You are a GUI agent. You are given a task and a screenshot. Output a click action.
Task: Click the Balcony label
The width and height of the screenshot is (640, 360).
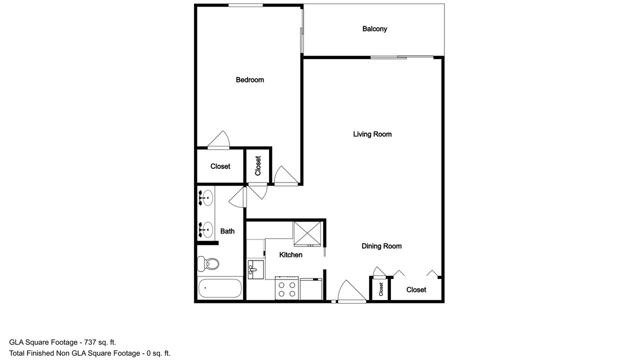(374, 29)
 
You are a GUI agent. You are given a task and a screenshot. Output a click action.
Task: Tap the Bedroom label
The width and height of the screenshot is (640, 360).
(249, 79)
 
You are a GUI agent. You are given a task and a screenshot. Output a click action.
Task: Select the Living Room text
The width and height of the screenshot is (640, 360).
(372, 134)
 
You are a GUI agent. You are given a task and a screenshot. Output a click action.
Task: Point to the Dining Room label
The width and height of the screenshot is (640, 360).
(381, 246)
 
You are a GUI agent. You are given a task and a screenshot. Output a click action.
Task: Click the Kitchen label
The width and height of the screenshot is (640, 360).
(290, 255)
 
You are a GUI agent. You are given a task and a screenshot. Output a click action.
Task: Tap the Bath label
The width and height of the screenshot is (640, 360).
(227, 231)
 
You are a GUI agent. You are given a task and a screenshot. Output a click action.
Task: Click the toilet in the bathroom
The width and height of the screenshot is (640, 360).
(208, 263)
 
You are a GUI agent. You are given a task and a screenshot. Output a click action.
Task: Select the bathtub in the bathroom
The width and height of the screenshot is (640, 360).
(220, 288)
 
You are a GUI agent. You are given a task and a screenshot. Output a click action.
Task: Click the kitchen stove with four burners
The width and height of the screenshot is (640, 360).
(286, 288)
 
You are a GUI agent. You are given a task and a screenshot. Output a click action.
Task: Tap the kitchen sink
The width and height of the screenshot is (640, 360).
(255, 269)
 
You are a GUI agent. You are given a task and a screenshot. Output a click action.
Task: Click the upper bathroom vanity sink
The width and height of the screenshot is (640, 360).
(205, 197)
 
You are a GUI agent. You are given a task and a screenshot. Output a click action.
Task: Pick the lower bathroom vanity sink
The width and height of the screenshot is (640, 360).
(205, 229)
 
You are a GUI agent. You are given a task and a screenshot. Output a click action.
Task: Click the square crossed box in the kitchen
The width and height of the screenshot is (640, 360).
(307, 233)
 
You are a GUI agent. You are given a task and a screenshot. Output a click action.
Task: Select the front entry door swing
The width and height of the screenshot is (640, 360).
(352, 291)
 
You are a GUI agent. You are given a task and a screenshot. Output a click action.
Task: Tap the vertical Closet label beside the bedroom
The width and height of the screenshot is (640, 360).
(258, 165)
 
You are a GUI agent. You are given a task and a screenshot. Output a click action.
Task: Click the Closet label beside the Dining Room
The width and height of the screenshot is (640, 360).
(416, 289)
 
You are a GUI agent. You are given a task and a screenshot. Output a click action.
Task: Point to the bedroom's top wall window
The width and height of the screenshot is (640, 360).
(245, 5)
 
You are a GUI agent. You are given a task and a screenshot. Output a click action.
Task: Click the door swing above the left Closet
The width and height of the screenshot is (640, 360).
(218, 140)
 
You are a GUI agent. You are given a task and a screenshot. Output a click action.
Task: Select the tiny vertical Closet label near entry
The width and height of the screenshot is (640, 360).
(381, 289)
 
